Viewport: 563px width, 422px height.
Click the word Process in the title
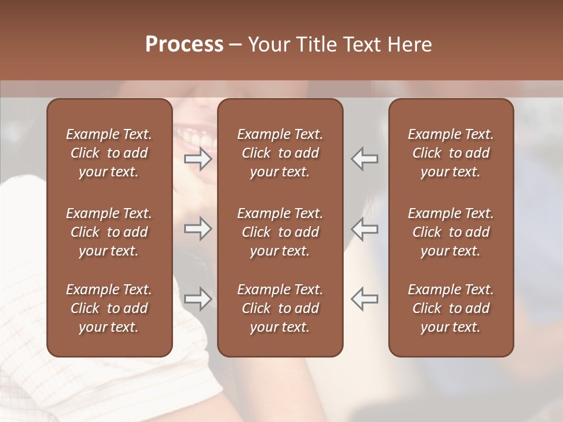[x=184, y=45]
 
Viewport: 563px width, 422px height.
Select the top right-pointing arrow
[x=198, y=159]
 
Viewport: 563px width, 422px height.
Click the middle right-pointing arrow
[x=198, y=229]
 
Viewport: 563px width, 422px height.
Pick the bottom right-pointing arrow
[x=198, y=299]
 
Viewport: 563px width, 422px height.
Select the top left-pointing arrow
[x=364, y=159]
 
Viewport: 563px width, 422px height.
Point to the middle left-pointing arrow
[x=364, y=229]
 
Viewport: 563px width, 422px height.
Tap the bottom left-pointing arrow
[x=364, y=299]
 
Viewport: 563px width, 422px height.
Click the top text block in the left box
[x=109, y=153]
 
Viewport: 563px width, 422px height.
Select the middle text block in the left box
[x=109, y=232]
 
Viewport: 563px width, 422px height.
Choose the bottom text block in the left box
[x=109, y=308]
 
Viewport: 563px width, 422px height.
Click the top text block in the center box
[x=280, y=153]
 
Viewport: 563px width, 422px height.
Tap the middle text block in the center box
[x=280, y=232]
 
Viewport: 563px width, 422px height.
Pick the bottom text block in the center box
[x=280, y=308]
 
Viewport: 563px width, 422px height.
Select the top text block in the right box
[x=451, y=153]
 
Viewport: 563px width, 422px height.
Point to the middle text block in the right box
[x=451, y=232]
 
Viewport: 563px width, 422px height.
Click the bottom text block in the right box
[x=451, y=308]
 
